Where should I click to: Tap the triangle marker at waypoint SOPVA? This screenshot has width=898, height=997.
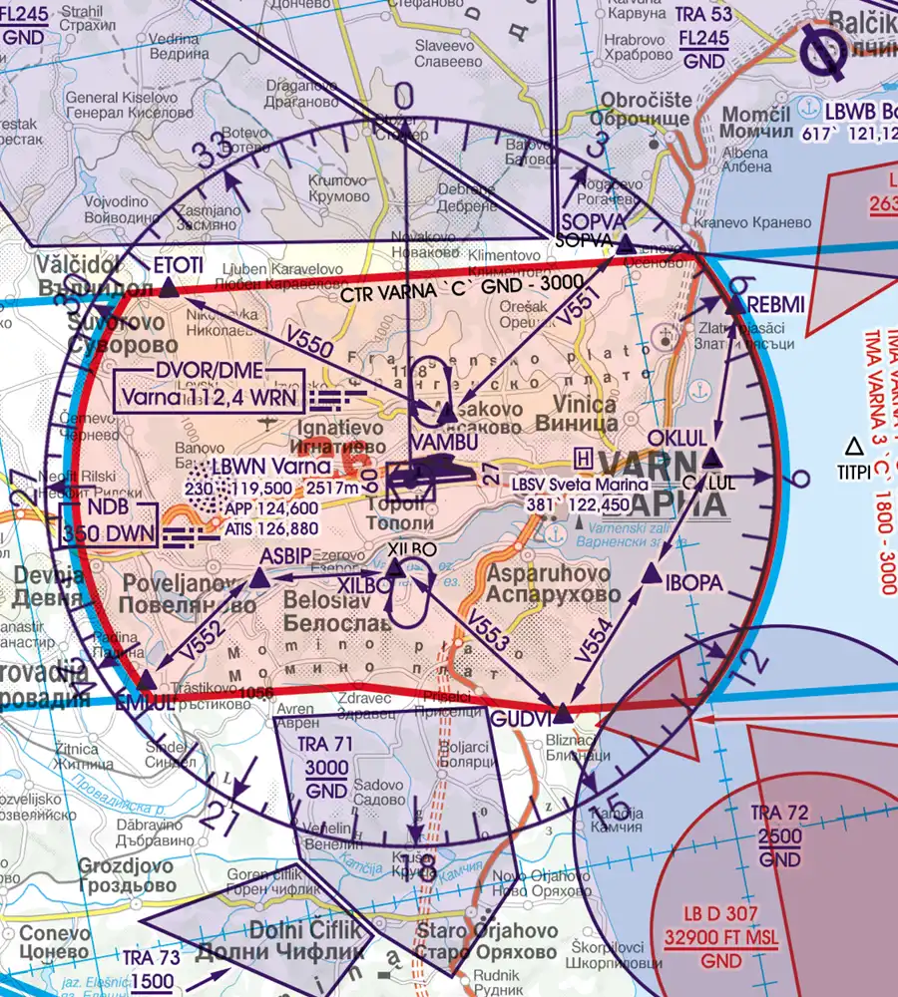625,245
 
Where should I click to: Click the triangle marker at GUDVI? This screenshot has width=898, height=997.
563,714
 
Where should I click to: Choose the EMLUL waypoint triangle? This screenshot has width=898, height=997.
147,680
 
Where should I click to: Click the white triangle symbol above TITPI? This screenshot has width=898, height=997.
853,445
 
